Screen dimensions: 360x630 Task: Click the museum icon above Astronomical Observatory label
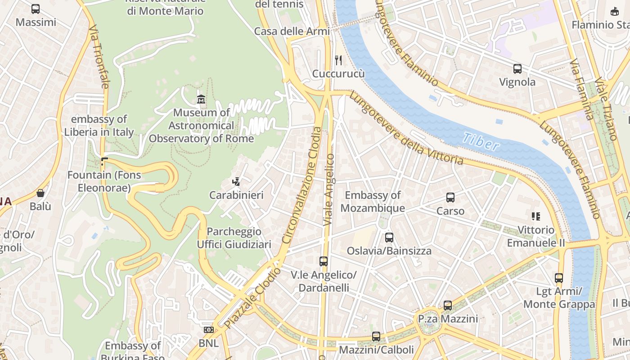coord(201,99)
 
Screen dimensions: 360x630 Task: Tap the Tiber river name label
coord(481,142)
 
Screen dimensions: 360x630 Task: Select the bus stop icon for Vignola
coord(517,69)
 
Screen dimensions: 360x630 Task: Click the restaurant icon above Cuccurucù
coord(338,60)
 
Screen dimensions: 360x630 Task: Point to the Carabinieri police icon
coord(236,182)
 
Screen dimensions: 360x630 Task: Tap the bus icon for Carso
coord(450,198)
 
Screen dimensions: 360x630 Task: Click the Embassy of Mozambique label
coord(373,202)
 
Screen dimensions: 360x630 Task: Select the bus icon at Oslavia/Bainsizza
coord(389,238)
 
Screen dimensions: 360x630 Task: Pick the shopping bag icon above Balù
coord(40,193)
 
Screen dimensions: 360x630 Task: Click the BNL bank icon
coord(208,330)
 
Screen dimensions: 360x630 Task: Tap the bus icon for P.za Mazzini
coord(447,306)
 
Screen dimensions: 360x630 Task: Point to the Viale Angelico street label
coord(329,189)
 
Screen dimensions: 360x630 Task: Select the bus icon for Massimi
coord(36,9)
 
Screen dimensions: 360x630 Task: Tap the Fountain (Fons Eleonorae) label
coord(104,181)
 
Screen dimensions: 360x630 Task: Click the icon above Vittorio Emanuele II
coord(535,216)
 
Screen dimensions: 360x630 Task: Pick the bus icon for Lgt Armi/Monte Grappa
coord(559,278)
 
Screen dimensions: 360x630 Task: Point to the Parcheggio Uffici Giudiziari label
coord(234,238)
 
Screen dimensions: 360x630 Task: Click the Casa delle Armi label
coord(292,31)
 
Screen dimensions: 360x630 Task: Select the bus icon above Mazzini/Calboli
coord(376,336)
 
